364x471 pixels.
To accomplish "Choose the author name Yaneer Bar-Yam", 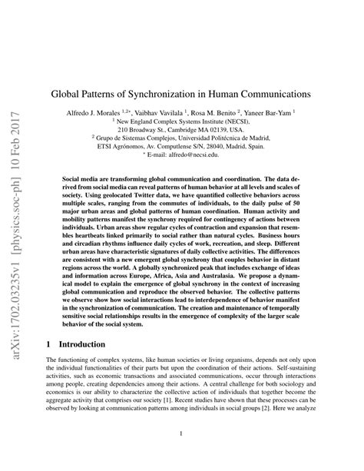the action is (x=273, y=112).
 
